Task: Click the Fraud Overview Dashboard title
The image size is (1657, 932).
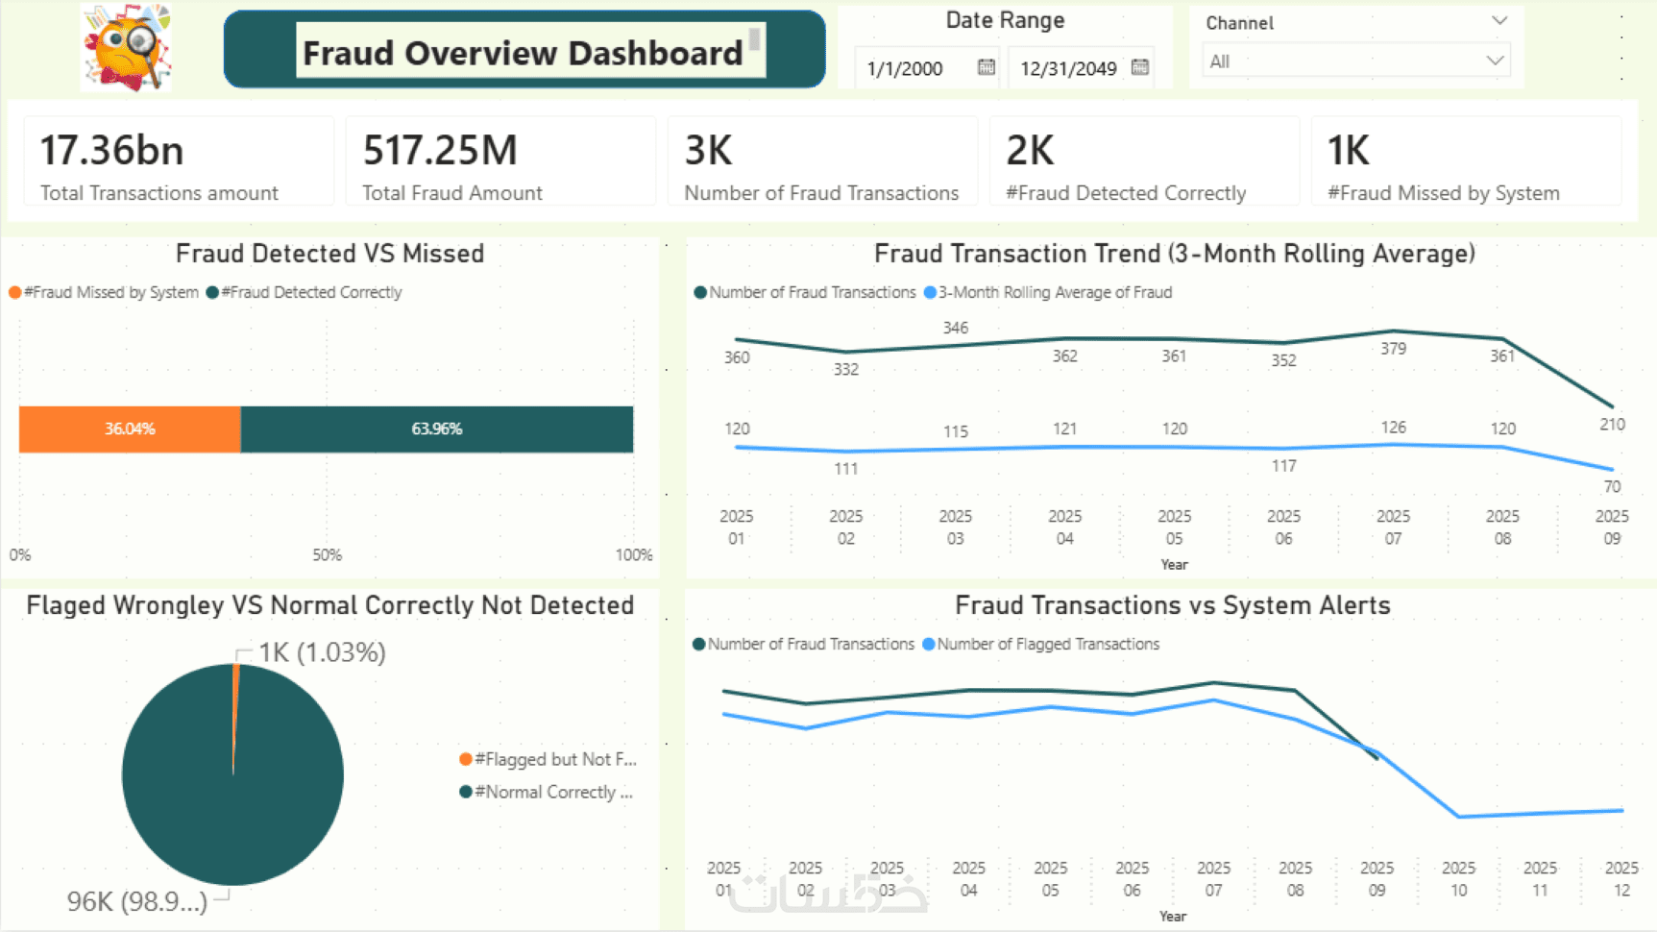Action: [523, 53]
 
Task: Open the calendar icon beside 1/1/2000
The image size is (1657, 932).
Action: [986, 67]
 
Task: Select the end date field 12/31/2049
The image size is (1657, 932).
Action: [1068, 68]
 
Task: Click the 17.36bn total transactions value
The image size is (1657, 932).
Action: [111, 151]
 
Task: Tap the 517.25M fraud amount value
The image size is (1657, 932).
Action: [440, 151]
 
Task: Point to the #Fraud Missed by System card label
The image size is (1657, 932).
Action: [1443, 193]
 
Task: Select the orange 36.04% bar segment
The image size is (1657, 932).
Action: [130, 429]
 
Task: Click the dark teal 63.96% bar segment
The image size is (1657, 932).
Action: [437, 429]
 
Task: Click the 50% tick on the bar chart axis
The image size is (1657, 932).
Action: [327, 555]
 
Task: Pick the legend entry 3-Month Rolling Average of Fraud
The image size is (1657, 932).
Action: [1054, 292]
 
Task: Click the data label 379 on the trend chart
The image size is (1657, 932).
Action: [1393, 349]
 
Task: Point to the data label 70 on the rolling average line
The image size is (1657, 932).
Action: [1612, 487]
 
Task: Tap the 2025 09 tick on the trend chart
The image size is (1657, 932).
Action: [1612, 527]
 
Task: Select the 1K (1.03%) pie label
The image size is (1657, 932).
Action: [322, 652]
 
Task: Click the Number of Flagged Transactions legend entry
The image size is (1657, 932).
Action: [1047, 644]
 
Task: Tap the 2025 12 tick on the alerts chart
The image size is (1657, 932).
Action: [1621, 878]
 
